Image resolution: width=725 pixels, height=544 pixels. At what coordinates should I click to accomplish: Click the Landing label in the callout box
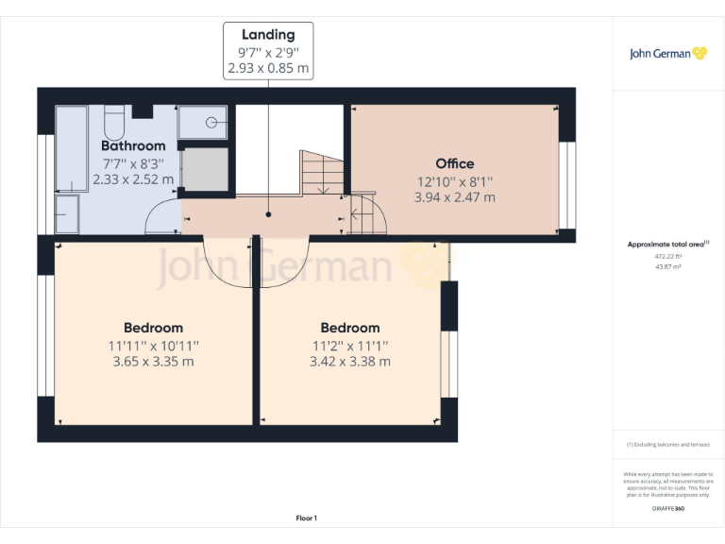click(267, 35)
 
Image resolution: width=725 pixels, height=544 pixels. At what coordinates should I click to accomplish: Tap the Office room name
click(454, 163)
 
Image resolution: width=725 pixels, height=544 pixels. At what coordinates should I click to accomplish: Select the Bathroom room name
click(133, 146)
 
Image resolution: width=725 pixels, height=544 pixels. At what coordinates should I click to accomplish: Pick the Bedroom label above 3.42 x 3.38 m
click(349, 328)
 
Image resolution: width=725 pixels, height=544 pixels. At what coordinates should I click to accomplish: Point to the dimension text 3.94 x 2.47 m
click(454, 197)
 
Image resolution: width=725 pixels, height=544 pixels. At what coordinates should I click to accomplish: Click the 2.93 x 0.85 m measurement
click(267, 69)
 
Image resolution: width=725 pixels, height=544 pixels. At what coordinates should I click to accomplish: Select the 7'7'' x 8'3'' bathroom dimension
click(133, 162)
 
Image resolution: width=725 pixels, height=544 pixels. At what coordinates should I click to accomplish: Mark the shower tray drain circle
click(213, 122)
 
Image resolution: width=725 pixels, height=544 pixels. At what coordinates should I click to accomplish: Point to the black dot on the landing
click(268, 214)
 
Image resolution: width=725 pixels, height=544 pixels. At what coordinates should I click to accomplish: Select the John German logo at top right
click(667, 54)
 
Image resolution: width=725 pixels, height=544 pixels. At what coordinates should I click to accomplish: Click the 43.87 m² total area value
click(667, 267)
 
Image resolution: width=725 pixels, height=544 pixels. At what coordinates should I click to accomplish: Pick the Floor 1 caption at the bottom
click(307, 518)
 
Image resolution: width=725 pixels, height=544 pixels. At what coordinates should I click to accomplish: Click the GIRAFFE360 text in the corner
click(667, 509)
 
